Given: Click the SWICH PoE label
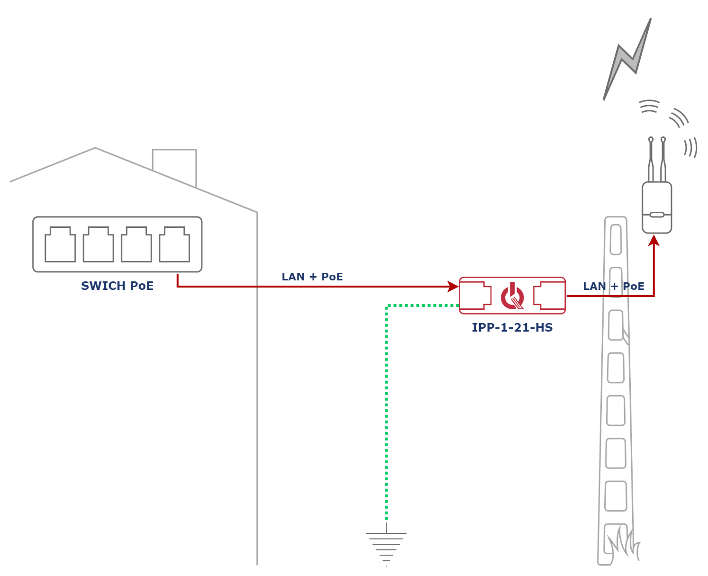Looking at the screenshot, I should [118, 287].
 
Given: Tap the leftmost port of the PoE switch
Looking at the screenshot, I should [60, 245].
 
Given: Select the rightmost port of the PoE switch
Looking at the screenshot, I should [174, 245].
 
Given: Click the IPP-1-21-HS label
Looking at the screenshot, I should [513, 328].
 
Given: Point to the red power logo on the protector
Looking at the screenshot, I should [512, 296].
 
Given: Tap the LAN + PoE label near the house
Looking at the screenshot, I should [312, 277].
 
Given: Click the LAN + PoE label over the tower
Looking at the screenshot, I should [613, 287].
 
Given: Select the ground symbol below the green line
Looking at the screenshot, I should [386, 545].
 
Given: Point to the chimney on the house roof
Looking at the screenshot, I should [174, 163].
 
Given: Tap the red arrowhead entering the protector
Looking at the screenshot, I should [453, 286].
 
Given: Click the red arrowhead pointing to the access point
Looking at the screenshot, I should [654, 241].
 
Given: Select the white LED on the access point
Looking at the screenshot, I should [657, 215].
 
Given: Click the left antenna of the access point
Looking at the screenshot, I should [651, 159].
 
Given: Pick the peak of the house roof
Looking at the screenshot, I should [95, 148].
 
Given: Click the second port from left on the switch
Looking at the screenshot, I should [98, 245].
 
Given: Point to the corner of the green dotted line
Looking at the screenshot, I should [387, 306].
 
